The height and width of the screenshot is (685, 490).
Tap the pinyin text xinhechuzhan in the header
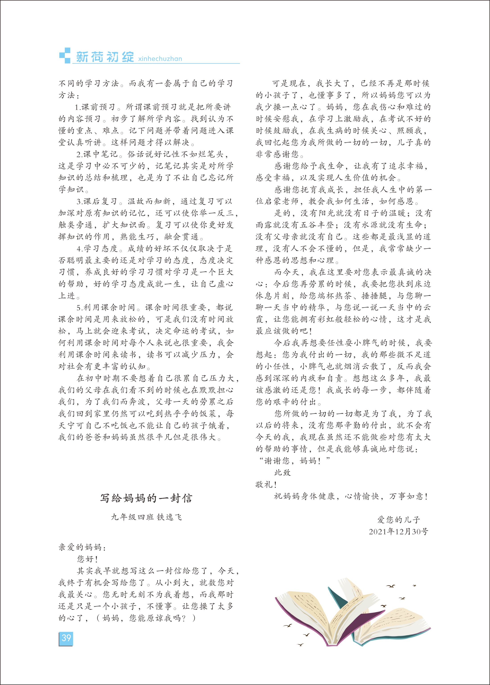coord(160,59)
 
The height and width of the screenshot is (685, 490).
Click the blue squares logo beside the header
coord(65,56)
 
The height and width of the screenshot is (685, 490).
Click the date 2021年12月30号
coord(398,531)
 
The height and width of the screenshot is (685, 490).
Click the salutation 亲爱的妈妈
coord(82,547)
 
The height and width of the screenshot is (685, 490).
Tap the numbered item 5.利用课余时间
coord(106,307)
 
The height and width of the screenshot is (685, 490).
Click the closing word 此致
coord(282,473)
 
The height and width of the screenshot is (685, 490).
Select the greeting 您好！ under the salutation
coord(88,559)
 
